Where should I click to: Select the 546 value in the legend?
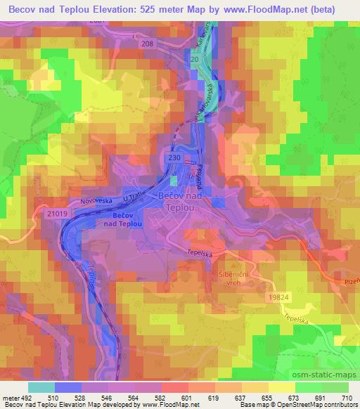(x=108, y=397)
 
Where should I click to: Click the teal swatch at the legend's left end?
(x=41, y=387)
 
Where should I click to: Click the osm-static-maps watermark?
(x=323, y=374)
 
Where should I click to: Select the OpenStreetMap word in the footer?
(x=281, y=405)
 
